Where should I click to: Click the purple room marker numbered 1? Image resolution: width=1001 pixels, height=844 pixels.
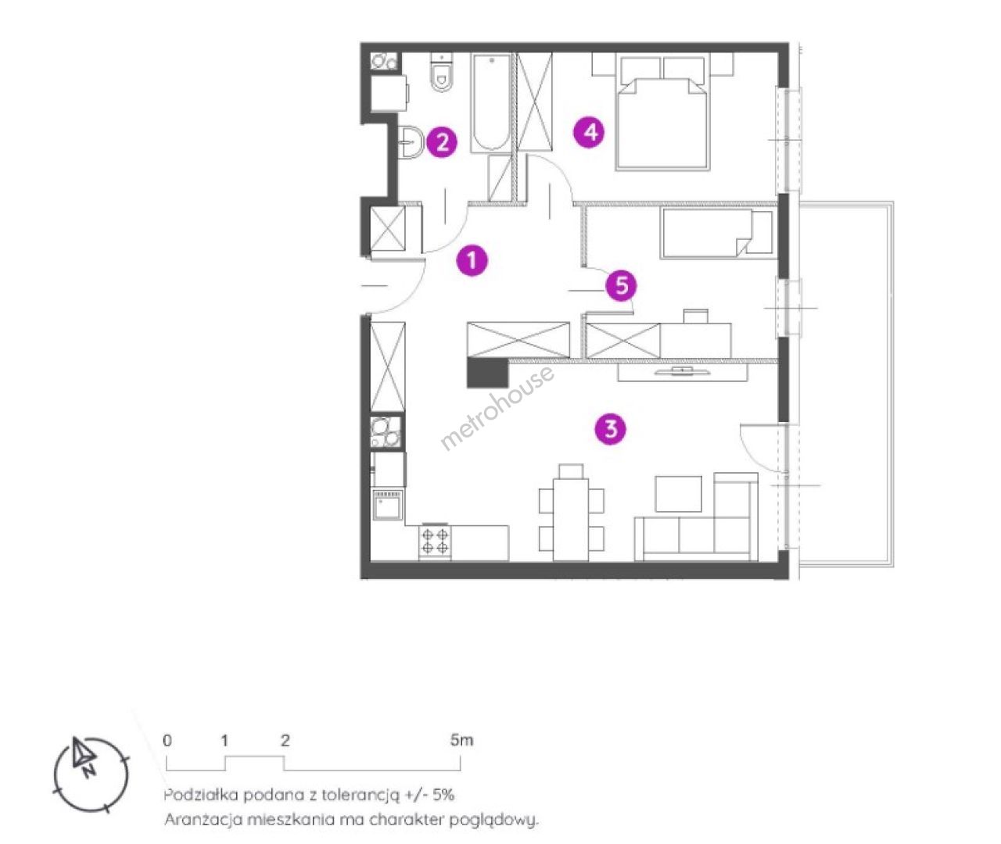coord(472,260)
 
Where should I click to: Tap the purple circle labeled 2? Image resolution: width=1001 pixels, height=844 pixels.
coord(442,141)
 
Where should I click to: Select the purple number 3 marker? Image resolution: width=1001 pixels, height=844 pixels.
coord(610,429)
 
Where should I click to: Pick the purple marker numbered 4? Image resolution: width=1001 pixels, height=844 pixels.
coord(589,132)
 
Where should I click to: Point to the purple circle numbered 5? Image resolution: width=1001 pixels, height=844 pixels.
coord(621,285)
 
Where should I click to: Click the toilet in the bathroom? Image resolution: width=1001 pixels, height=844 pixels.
coord(442,72)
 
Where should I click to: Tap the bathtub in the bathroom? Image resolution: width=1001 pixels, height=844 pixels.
coord(491,103)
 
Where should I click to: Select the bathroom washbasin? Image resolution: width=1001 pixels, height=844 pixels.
coord(411,141)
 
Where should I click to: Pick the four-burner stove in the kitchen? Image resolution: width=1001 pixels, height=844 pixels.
coord(435,541)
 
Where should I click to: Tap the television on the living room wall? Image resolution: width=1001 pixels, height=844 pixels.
coord(681,370)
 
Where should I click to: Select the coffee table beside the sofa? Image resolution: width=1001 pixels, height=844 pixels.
coord(678,493)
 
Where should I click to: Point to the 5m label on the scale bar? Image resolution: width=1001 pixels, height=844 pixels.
coord(461,741)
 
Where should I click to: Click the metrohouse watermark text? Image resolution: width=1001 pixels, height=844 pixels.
coord(497,408)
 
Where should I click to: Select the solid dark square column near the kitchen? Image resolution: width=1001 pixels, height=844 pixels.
coord(487,373)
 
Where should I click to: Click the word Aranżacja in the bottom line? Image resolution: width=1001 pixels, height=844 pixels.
coord(203,820)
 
